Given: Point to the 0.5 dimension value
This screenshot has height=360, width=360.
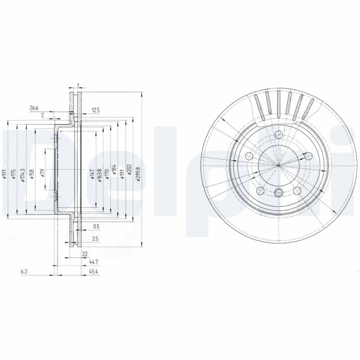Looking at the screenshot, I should pyautogui.click(x=95, y=226).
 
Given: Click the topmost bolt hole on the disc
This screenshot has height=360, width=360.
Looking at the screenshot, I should pyautogui.click(x=279, y=134).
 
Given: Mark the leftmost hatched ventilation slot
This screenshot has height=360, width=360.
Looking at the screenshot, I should pyautogui.click(x=259, y=107).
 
